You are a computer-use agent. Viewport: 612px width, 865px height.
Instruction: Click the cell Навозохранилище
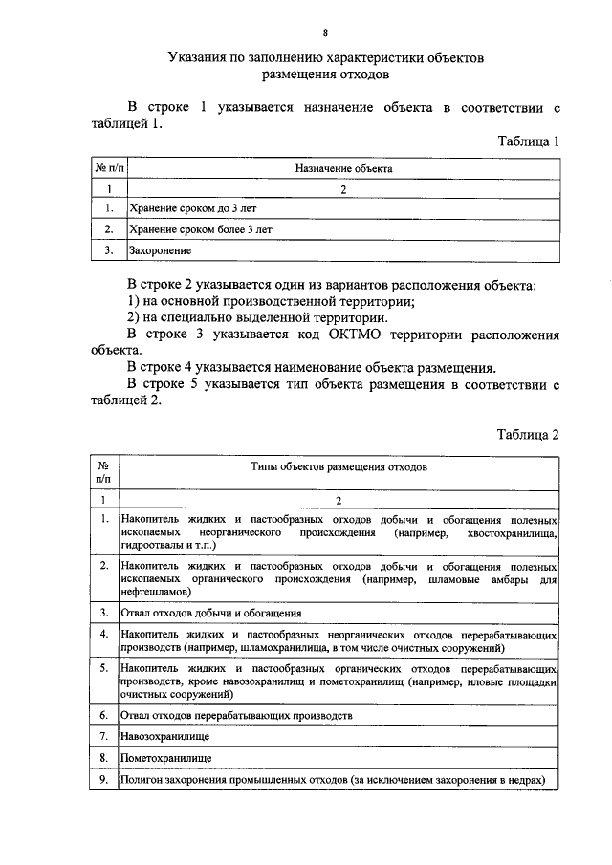coord(165,736)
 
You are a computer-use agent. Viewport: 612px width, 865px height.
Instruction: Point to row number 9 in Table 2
coord(102,780)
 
